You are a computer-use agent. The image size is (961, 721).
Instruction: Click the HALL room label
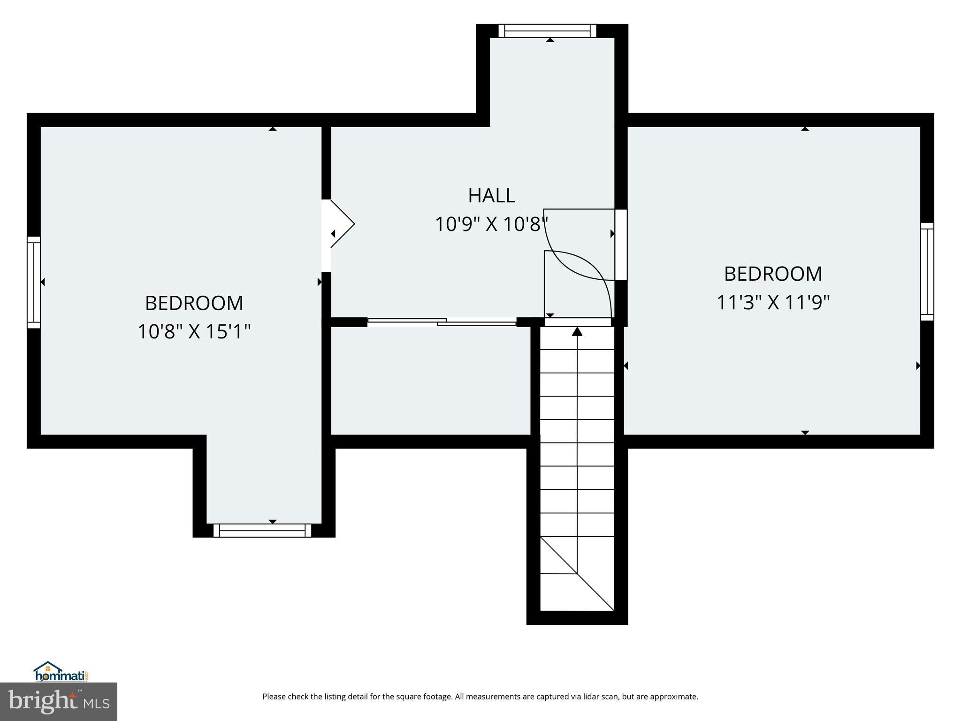(x=491, y=195)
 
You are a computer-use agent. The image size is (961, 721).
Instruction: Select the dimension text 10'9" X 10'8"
(x=491, y=224)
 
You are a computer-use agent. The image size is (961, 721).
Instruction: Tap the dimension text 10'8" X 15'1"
(x=194, y=332)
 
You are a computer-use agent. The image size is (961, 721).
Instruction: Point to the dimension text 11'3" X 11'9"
(x=773, y=303)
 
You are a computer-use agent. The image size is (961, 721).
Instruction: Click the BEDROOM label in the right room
(x=773, y=274)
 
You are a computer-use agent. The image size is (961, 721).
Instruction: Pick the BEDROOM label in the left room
(x=194, y=303)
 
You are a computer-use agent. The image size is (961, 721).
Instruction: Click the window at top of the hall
(x=547, y=31)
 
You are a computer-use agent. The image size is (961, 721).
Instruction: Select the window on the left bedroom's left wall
(x=33, y=282)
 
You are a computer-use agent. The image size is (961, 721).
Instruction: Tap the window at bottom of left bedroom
(x=262, y=530)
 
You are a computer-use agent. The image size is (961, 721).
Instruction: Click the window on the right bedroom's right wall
(x=927, y=272)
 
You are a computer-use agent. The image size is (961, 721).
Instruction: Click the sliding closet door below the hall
(x=442, y=322)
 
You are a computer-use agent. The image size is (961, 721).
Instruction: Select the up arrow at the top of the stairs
(x=577, y=332)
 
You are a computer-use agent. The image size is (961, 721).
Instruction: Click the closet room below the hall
(x=430, y=380)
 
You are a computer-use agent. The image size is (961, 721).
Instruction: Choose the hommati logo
(x=61, y=672)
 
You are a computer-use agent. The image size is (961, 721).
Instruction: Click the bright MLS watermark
(x=58, y=701)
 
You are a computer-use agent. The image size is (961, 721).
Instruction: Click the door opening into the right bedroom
(x=621, y=245)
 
